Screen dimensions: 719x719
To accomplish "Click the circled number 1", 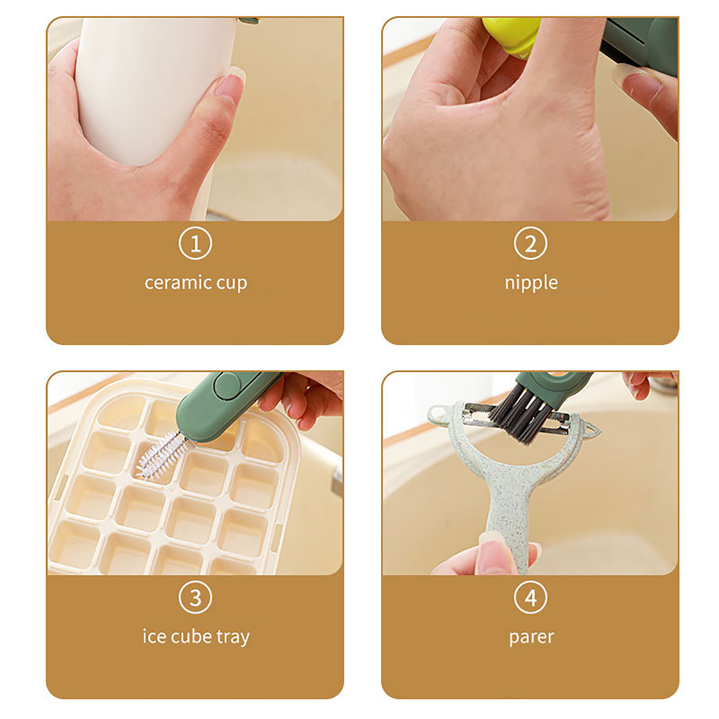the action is [x=195, y=244].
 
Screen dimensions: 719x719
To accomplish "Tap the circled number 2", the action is [x=530, y=244].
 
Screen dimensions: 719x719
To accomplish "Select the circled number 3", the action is [x=195, y=598].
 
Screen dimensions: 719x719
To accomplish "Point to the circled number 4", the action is [x=530, y=598].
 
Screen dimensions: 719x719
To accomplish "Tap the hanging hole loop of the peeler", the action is [x=438, y=412].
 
